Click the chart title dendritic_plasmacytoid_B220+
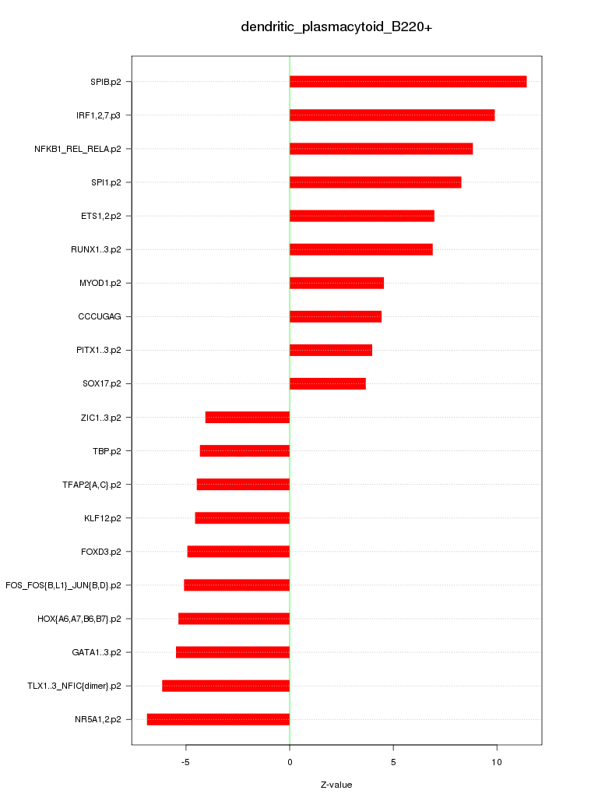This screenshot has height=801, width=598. click(336, 27)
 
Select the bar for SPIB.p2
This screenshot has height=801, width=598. click(408, 82)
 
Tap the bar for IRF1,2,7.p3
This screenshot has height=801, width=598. click(392, 115)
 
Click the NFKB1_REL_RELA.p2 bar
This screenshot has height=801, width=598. click(381, 149)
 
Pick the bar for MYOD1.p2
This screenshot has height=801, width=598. click(336, 283)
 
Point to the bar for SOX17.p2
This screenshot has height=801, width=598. click(327, 383)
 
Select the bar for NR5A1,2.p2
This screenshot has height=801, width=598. click(218, 719)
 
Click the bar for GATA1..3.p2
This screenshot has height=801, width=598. click(233, 652)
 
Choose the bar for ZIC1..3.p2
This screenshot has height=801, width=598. click(248, 418)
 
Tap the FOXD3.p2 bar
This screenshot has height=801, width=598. click(238, 552)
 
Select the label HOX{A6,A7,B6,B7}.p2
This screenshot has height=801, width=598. click(79, 619)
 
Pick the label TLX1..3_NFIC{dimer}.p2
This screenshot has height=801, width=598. click(74, 686)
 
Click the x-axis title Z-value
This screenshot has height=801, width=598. click(336, 785)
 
